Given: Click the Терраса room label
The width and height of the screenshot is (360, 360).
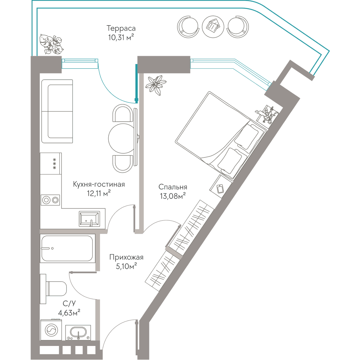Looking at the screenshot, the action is (121, 28).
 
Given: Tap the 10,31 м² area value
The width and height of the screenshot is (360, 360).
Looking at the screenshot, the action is (121, 37).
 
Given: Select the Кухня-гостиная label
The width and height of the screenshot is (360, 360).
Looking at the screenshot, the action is (99, 184).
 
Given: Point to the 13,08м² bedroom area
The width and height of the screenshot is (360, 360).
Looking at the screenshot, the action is (173, 196).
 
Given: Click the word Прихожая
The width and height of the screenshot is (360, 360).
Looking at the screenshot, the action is (126, 257).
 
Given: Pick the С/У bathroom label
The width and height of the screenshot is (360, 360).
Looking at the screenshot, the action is (69, 303).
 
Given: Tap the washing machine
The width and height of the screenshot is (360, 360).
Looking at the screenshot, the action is (51, 330).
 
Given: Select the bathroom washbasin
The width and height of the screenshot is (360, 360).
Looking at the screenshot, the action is (78, 332).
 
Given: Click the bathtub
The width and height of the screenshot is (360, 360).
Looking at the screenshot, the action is (68, 248).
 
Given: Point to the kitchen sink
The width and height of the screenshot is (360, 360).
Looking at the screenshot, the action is (89, 219).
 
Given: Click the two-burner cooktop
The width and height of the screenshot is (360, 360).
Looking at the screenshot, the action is (50, 200).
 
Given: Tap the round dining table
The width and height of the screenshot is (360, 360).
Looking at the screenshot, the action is (122, 138).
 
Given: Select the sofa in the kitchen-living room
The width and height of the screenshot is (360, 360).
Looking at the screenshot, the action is (57, 111).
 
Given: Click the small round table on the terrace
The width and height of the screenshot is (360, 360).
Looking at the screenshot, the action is (213, 26).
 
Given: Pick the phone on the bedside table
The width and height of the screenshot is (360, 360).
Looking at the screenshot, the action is (220, 189).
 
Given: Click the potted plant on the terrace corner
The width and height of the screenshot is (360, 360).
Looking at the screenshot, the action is (51, 44).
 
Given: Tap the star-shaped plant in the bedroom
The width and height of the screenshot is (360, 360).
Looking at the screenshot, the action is (156, 85).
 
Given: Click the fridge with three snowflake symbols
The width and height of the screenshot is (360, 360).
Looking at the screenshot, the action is (51, 163).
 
